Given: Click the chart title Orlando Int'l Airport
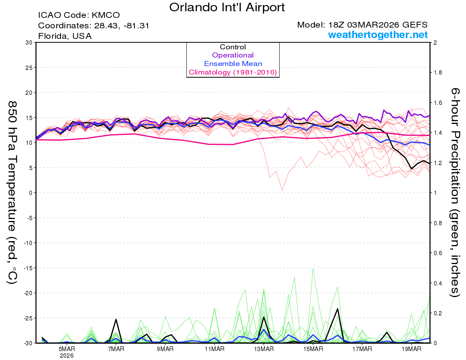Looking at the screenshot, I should pyautogui.click(x=227, y=7).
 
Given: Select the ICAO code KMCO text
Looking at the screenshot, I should pyautogui.click(x=79, y=16).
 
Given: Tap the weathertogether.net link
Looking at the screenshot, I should pyautogui.click(x=378, y=35).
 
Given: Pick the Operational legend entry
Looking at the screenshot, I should pyautogui.click(x=233, y=55).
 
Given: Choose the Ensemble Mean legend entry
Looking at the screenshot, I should pyautogui.click(x=233, y=64).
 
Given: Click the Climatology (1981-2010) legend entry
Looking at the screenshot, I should pyautogui.click(x=233, y=72).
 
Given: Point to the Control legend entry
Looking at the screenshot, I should pyautogui.click(x=233, y=47).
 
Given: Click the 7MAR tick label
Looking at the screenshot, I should pyautogui.click(x=116, y=349).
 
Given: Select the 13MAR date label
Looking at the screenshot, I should pyautogui.click(x=264, y=349).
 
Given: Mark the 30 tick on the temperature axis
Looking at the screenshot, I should pyautogui.click(x=28, y=43).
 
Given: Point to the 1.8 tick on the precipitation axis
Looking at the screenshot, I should pyautogui.click(x=438, y=73).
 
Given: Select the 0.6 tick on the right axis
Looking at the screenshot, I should pyautogui.click(x=438, y=253).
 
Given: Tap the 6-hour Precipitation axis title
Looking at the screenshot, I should pyautogui.click(x=455, y=192).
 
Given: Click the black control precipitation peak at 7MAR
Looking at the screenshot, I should pyautogui.click(x=116, y=319).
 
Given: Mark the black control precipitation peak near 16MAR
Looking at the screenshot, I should pyautogui.click(x=338, y=309).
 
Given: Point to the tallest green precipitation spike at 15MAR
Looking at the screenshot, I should pyautogui.click(x=313, y=268).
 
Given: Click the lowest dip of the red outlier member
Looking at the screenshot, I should pyautogui.click(x=282, y=190).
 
